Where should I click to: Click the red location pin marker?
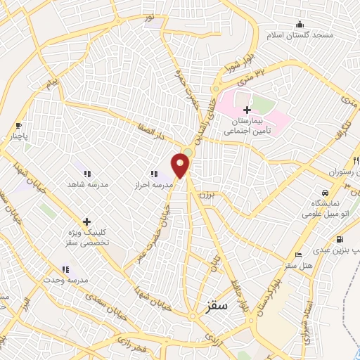[181, 165]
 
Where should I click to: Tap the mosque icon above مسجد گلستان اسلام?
[300, 25]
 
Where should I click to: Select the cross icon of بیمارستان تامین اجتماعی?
[246, 110]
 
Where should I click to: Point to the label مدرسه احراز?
[153, 184]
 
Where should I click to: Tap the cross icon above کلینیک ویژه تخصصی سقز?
[86, 221]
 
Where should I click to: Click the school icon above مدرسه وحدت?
[65, 269]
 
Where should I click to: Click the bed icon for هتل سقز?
[299, 255]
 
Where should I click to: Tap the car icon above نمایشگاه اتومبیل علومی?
[324, 193]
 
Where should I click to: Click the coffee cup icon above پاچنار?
[18, 126]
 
